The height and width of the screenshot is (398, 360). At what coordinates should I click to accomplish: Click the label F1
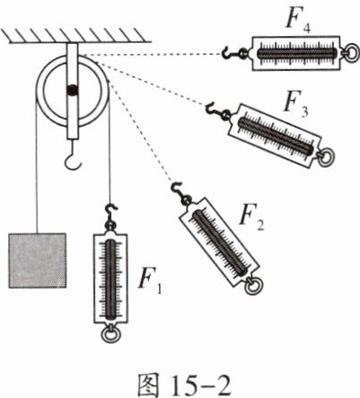(150, 280)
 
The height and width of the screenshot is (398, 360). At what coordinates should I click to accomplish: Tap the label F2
(251, 218)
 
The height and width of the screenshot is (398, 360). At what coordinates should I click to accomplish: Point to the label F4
(298, 21)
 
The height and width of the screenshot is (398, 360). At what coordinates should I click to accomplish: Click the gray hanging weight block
(37, 261)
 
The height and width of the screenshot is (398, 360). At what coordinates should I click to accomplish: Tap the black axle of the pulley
(72, 90)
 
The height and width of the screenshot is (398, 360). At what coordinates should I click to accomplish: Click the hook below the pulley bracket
(73, 156)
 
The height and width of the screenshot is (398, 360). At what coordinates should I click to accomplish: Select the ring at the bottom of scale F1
(110, 334)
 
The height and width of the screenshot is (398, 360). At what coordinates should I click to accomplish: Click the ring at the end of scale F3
(326, 158)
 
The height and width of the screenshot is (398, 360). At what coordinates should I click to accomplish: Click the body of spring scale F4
(296, 53)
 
